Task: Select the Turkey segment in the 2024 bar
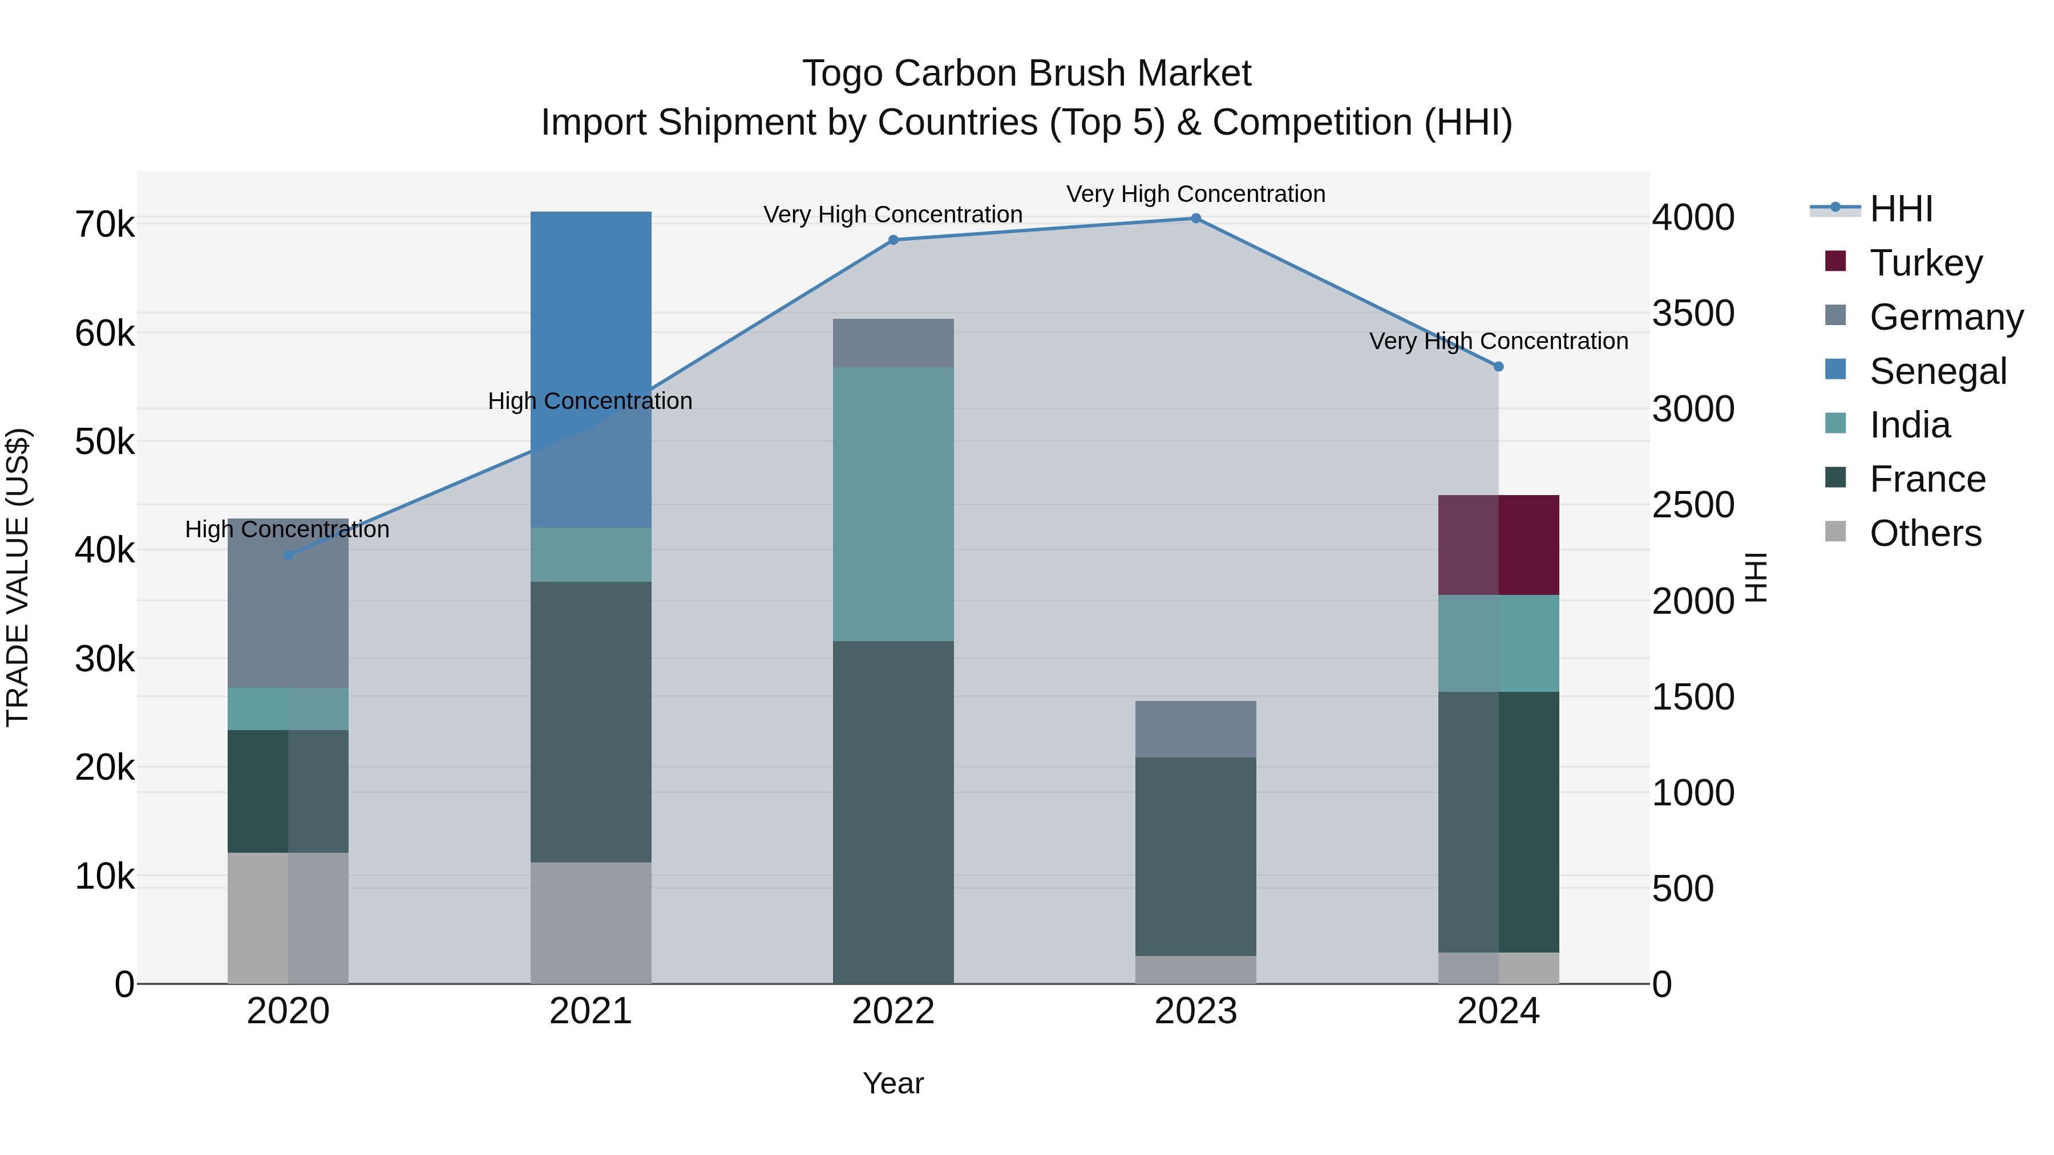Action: tap(1498, 545)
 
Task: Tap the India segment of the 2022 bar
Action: tap(893, 504)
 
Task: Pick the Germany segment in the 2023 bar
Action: tap(1195, 728)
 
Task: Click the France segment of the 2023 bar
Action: tap(1195, 856)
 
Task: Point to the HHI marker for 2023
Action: tap(1195, 218)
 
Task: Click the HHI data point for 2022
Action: tap(893, 240)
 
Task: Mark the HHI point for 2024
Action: tap(1498, 367)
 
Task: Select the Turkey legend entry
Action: tap(1925, 263)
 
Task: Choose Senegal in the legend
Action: tap(1937, 371)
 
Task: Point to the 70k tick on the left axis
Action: tap(104, 225)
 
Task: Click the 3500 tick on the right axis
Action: tap(1693, 313)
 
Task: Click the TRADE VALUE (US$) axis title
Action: tap(18, 577)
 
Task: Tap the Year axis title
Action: tap(893, 1083)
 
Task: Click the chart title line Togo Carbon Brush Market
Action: tap(1026, 74)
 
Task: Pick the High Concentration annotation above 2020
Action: tap(287, 529)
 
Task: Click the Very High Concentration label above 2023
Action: tap(1195, 194)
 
